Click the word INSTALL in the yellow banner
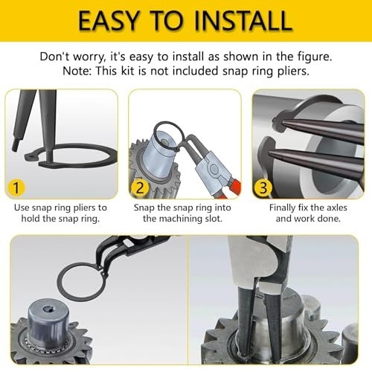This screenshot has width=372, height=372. click(243, 21)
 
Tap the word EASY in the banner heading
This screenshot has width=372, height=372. click(109, 21)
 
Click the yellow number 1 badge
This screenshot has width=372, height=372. click(16, 187)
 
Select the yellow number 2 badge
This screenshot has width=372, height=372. click(140, 187)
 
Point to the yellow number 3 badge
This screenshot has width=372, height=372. click(263, 187)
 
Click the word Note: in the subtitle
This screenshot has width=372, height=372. click(77, 71)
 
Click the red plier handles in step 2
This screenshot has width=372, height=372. click(232, 187)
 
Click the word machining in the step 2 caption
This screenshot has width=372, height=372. click(180, 219)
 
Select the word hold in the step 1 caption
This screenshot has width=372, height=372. click(29, 219)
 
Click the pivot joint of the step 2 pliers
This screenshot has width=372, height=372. click(214, 169)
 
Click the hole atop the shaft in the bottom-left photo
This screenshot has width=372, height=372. click(46, 309)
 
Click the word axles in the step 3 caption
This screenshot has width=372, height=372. click(336, 208)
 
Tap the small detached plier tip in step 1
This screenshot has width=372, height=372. click(16, 144)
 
